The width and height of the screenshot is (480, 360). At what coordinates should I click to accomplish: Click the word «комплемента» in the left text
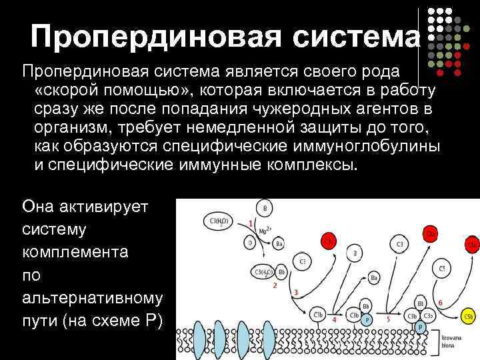coord(73,251)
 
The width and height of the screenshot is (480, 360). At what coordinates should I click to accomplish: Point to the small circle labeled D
coord(250,243)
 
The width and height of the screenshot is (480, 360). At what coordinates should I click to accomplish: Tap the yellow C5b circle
coord(469,317)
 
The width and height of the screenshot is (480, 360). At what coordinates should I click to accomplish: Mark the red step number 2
coord(275,285)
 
